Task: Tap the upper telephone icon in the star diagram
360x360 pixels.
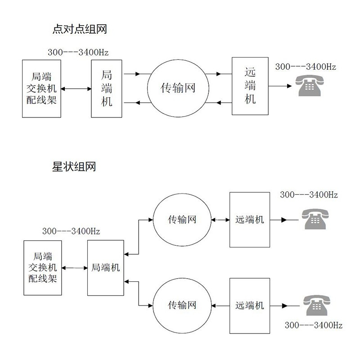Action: (315, 220)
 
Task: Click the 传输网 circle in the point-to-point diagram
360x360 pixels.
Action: (178, 88)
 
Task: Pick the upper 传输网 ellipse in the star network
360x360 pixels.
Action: (182, 220)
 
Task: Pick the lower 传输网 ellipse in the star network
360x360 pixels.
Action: (182, 306)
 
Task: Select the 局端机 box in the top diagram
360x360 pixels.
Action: (107, 88)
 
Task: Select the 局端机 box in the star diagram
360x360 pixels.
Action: (105, 267)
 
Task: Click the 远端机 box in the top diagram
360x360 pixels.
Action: (250, 85)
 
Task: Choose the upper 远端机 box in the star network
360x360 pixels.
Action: (250, 220)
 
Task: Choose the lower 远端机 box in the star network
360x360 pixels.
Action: (250, 306)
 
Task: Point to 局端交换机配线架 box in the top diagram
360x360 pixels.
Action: (41, 88)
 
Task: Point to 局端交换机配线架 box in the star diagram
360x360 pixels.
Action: (43, 268)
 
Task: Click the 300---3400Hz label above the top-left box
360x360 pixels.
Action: (78, 52)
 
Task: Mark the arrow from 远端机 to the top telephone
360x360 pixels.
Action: (281, 86)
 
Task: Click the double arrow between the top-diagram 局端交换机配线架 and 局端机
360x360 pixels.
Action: (76, 89)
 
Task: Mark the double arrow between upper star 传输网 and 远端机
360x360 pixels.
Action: (220, 220)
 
